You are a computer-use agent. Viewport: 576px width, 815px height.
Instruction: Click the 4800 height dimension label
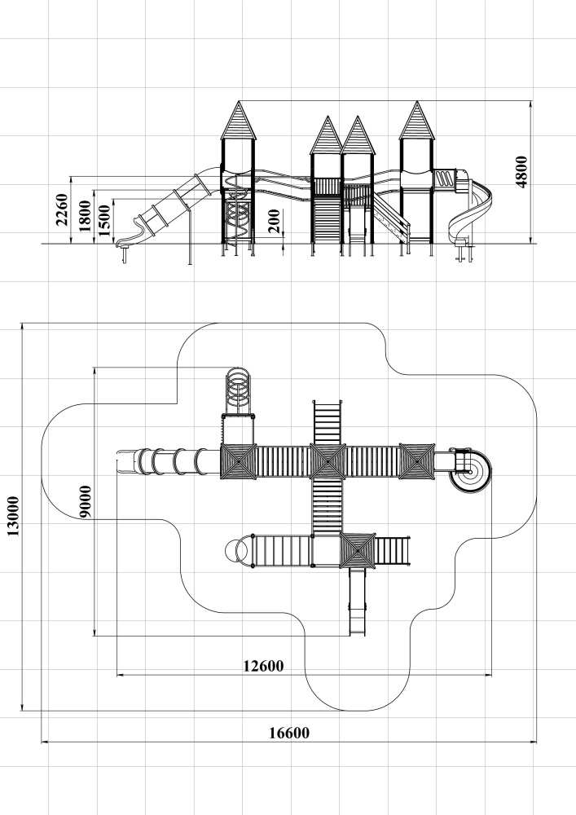coord(521,172)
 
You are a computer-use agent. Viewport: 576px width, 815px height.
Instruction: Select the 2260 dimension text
coord(62,209)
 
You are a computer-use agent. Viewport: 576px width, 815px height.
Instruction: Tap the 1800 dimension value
coord(85,216)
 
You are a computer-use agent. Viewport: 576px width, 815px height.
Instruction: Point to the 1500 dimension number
coord(104,220)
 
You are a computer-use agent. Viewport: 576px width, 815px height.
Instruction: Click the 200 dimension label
coord(275,221)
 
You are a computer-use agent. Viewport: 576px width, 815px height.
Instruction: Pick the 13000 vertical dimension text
coord(12,516)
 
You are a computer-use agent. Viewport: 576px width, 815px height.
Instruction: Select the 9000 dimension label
coord(86,501)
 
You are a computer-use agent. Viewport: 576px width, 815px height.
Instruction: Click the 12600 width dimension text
coord(264,666)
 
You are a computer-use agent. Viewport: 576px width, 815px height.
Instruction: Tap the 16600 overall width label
coord(288,733)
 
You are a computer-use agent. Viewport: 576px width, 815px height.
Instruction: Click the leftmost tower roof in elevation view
coord(239,121)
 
